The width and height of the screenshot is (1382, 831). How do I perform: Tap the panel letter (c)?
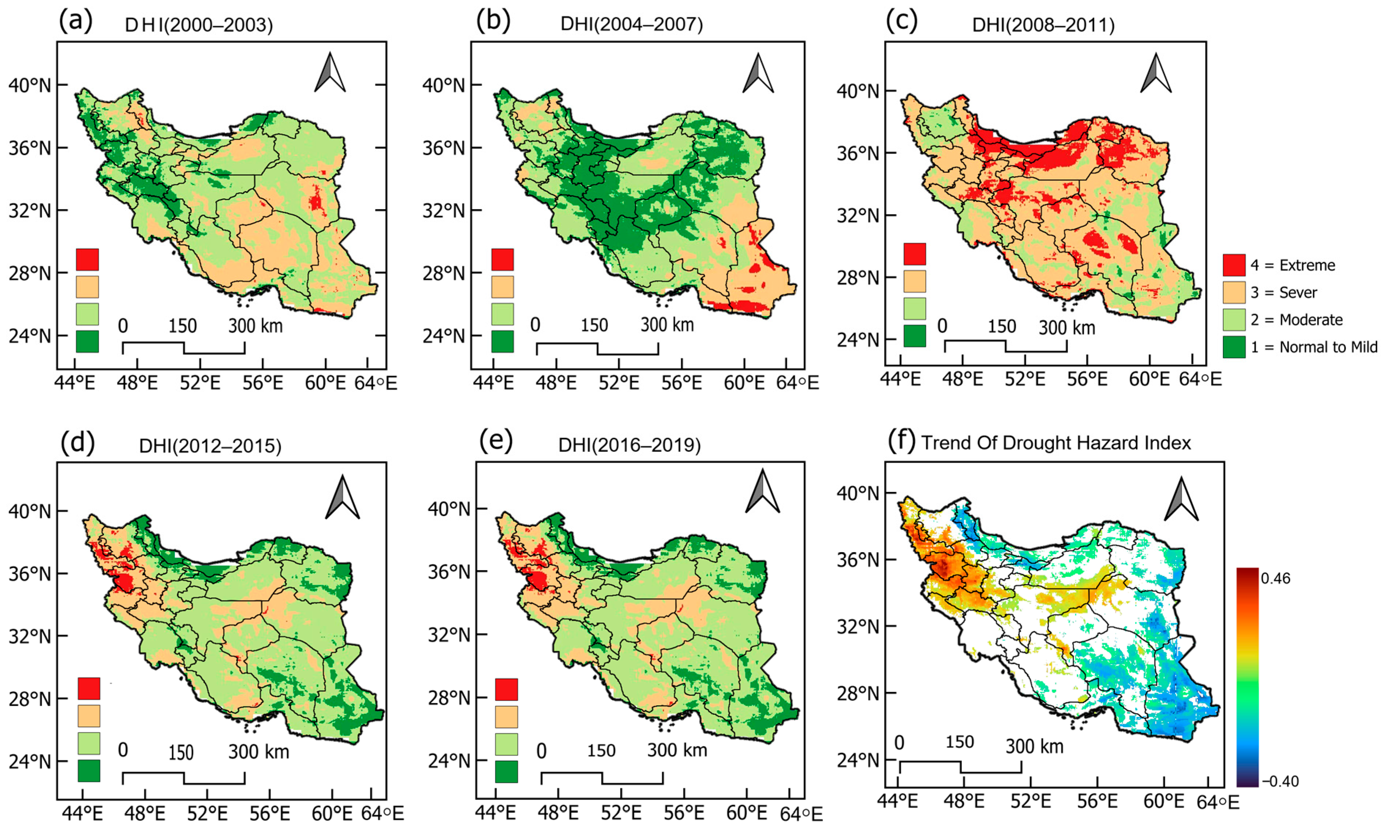[902, 21]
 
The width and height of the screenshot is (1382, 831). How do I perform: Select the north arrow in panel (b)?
[758, 74]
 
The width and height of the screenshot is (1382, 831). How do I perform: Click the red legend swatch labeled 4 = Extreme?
[1234, 265]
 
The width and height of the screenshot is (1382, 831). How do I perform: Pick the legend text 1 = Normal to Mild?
[1314, 347]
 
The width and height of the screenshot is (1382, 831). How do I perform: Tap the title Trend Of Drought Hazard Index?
[1056, 443]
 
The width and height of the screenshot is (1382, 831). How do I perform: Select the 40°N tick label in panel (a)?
[29, 86]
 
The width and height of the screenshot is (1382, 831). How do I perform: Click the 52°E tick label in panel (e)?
[622, 813]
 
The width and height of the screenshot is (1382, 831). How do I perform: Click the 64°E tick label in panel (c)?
[1200, 379]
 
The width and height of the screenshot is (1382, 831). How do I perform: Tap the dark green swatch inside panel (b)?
[502, 341]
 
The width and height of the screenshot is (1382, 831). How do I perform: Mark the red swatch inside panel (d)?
[89, 688]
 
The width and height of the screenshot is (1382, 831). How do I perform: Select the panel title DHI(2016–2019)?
[629, 445]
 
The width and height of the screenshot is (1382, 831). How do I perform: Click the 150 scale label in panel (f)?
[959, 742]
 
